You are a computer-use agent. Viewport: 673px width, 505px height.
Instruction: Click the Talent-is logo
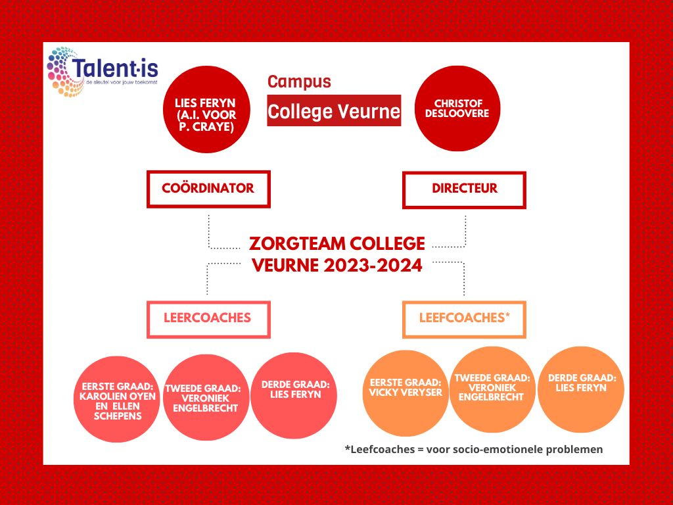pyautogui.click(x=102, y=72)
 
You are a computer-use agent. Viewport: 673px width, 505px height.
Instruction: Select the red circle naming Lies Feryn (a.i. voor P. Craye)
pyautogui.click(x=206, y=109)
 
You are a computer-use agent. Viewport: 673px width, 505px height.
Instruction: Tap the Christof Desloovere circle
pyautogui.click(x=457, y=108)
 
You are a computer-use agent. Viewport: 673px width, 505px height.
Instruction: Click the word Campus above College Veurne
pyautogui.click(x=299, y=82)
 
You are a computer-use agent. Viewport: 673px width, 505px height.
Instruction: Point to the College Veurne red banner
pyautogui.click(x=334, y=110)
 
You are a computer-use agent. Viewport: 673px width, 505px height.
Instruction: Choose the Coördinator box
pyautogui.click(x=208, y=189)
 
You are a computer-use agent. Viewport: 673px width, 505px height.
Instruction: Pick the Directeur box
pyautogui.click(x=464, y=190)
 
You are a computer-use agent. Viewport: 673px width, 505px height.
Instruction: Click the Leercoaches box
pyautogui.click(x=208, y=320)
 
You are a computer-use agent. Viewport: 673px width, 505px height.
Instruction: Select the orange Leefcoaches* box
pyautogui.click(x=464, y=320)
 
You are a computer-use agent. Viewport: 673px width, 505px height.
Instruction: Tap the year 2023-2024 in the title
pyautogui.click(x=373, y=266)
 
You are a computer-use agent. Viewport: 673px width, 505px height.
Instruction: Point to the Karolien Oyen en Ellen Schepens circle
pyautogui.click(x=117, y=399)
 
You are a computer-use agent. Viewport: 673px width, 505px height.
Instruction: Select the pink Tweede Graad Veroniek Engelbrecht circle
pyautogui.click(x=206, y=397)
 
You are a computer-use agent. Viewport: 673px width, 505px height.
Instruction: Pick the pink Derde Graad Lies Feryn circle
pyautogui.click(x=294, y=395)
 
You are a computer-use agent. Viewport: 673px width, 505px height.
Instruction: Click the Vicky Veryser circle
pyautogui.click(x=405, y=393)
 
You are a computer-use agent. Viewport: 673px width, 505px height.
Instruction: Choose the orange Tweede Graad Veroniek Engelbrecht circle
pyautogui.click(x=492, y=389)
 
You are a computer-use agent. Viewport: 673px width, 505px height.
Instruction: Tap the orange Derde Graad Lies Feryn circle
pyautogui.click(x=581, y=389)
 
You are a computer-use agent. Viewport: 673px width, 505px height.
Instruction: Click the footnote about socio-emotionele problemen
pyautogui.click(x=474, y=449)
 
